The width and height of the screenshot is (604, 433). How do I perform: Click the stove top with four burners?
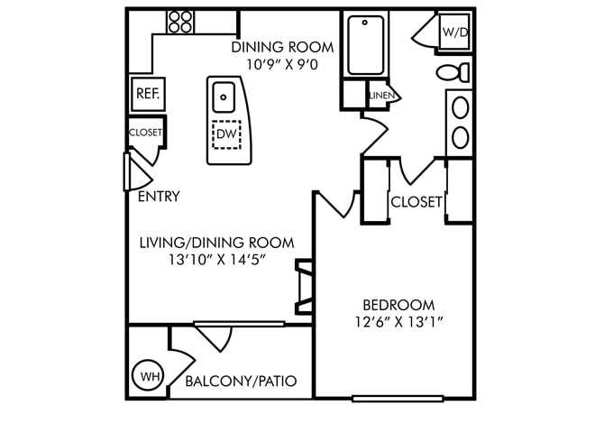(x=180, y=22)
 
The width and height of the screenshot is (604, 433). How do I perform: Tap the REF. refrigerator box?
(x=149, y=94)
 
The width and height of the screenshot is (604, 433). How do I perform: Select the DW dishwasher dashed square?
(x=226, y=134)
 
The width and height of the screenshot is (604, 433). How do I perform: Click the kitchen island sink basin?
(x=224, y=97)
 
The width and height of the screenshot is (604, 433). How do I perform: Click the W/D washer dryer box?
(x=454, y=32)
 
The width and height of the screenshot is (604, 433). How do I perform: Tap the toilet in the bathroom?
(x=453, y=72)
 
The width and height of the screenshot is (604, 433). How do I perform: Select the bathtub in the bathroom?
(x=366, y=45)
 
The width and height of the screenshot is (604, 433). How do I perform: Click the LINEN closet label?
(x=381, y=96)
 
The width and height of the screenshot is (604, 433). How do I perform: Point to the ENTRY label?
(x=159, y=197)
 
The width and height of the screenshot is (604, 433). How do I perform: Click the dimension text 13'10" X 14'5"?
(x=217, y=260)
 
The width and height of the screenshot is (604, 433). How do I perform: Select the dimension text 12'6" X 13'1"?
(x=399, y=321)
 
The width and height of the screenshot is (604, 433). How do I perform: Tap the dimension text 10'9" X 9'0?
(x=282, y=64)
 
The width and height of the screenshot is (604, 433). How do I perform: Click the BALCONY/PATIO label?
(x=241, y=382)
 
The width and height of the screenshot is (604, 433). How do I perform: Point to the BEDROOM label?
(x=398, y=305)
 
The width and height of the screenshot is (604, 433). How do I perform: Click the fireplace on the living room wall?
(x=305, y=287)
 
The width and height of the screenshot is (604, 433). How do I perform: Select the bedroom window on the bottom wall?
(x=398, y=399)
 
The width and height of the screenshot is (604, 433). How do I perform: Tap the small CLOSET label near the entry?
(x=146, y=133)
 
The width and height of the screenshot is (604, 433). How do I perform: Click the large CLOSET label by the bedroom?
(x=416, y=202)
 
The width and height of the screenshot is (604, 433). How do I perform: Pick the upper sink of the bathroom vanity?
(x=460, y=108)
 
